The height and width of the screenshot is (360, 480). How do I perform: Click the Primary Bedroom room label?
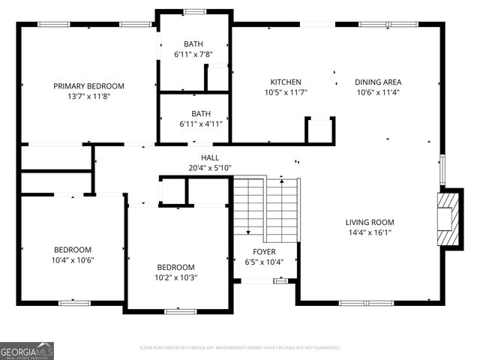click(x=88, y=86)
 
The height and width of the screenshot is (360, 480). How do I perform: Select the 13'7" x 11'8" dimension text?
click(x=88, y=96)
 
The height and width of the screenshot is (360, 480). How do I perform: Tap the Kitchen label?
click(x=286, y=82)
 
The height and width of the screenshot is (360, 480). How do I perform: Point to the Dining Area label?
click(x=379, y=82)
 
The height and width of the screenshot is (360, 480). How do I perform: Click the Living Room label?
click(x=369, y=222)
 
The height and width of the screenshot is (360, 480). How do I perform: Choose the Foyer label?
click(x=264, y=252)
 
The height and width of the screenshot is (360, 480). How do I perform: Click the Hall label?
click(x=210, y=157)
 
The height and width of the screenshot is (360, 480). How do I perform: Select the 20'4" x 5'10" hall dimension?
click(x=210, y=167)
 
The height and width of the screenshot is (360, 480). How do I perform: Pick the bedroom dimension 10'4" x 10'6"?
click(x=72, y=260)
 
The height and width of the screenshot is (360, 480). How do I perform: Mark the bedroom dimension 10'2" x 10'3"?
click(x=175, y=277)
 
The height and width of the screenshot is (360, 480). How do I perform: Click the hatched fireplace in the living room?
click(x=448, y=219)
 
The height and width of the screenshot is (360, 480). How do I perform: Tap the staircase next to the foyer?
click(x=265, y=207)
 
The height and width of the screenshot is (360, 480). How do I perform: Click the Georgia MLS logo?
click(x=27, y=350)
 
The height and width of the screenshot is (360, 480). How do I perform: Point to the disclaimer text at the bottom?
click(x=240, y=348)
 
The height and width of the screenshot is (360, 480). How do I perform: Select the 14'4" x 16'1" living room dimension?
click(x=369, y=232)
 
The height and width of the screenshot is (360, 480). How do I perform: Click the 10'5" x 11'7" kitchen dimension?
click(x=286, y=93)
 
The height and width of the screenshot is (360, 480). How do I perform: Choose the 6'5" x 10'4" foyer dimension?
click(x=264, y=262)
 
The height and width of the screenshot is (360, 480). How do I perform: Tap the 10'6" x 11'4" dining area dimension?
click(x=379, y=93)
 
